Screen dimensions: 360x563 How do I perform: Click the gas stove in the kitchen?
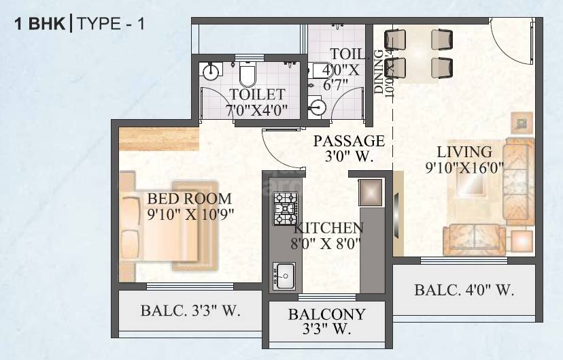pyautogui.click(x=285, y=208)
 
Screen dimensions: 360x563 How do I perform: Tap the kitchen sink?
pyautogui.click(x=284, y=276)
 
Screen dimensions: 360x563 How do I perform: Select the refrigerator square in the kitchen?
pyautogui.click(x=371, y=192)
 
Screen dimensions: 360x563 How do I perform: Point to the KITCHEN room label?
pyautogui.click(x=328, y=228)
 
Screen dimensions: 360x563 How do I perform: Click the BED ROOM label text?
pyautogui.click(x=190, y=199)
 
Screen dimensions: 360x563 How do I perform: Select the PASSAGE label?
pyautogui.click(x=349, y=141)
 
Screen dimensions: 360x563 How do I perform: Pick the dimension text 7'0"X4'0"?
pyautogui.click(x=258, y=111)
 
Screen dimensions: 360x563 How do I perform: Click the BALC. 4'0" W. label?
pyautogui.click(x=464, y=291)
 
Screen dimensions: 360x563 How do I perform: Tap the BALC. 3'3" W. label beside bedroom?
pyautogui.click(x=190, y=312)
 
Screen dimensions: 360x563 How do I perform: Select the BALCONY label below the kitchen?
pyautogui.click(x=326, y=314)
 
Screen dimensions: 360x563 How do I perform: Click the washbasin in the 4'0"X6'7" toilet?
pyautogui.click(x=318, y=107)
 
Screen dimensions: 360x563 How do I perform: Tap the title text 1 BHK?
pyautogui.click(x=39, y=24)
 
